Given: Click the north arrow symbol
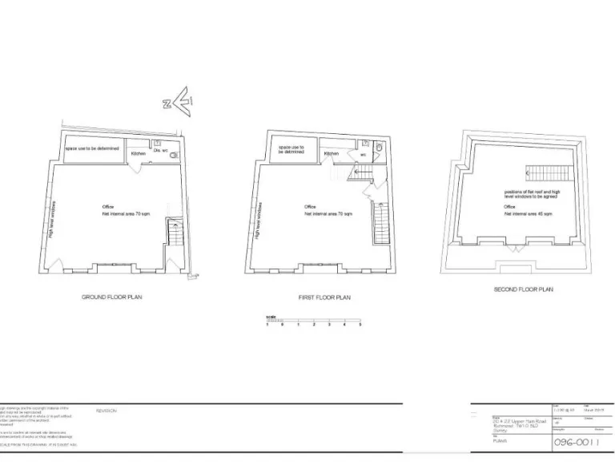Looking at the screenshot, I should click(x=178, y=102).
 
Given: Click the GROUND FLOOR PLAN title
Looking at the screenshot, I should click(x=112, y=297).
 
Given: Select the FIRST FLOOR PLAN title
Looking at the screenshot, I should click(x=324, y=298).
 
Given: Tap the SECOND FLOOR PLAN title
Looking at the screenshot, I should click(x=523, y=290).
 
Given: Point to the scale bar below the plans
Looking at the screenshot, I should click(x=314, y=322).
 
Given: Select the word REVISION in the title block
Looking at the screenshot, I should click(x=107, y=411).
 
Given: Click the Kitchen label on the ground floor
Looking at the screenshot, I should click(x=138, y=152).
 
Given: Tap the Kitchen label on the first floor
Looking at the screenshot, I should click(x=332, y=153).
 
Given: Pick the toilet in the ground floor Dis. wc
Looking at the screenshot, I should click(x=175, y=154).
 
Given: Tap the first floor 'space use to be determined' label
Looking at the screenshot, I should click(x=290, y=151).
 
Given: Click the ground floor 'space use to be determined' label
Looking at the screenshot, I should click(x=93, y=148).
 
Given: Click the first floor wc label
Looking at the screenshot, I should click(x=363, y=153).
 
